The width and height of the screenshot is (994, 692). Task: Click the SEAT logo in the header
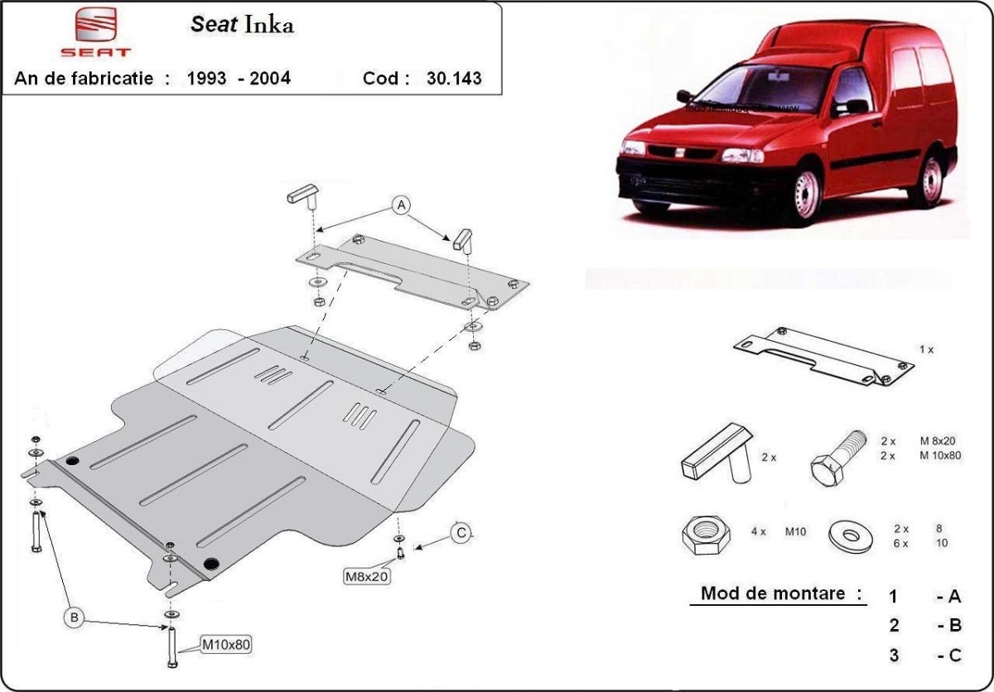click(x=104, y=33)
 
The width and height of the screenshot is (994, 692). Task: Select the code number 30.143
click(x=453, y=79)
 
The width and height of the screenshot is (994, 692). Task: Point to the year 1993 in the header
click(x=207, y=79)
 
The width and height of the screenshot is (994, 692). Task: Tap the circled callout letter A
click(x=401, y=205)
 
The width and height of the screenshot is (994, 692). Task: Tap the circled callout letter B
click(x=74, y=617)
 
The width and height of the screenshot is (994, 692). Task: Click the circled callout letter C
click(x=461, y=533)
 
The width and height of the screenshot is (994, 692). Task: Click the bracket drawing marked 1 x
click(x=823, y=357)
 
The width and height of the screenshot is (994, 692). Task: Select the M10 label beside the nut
click(x=795, y=532)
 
